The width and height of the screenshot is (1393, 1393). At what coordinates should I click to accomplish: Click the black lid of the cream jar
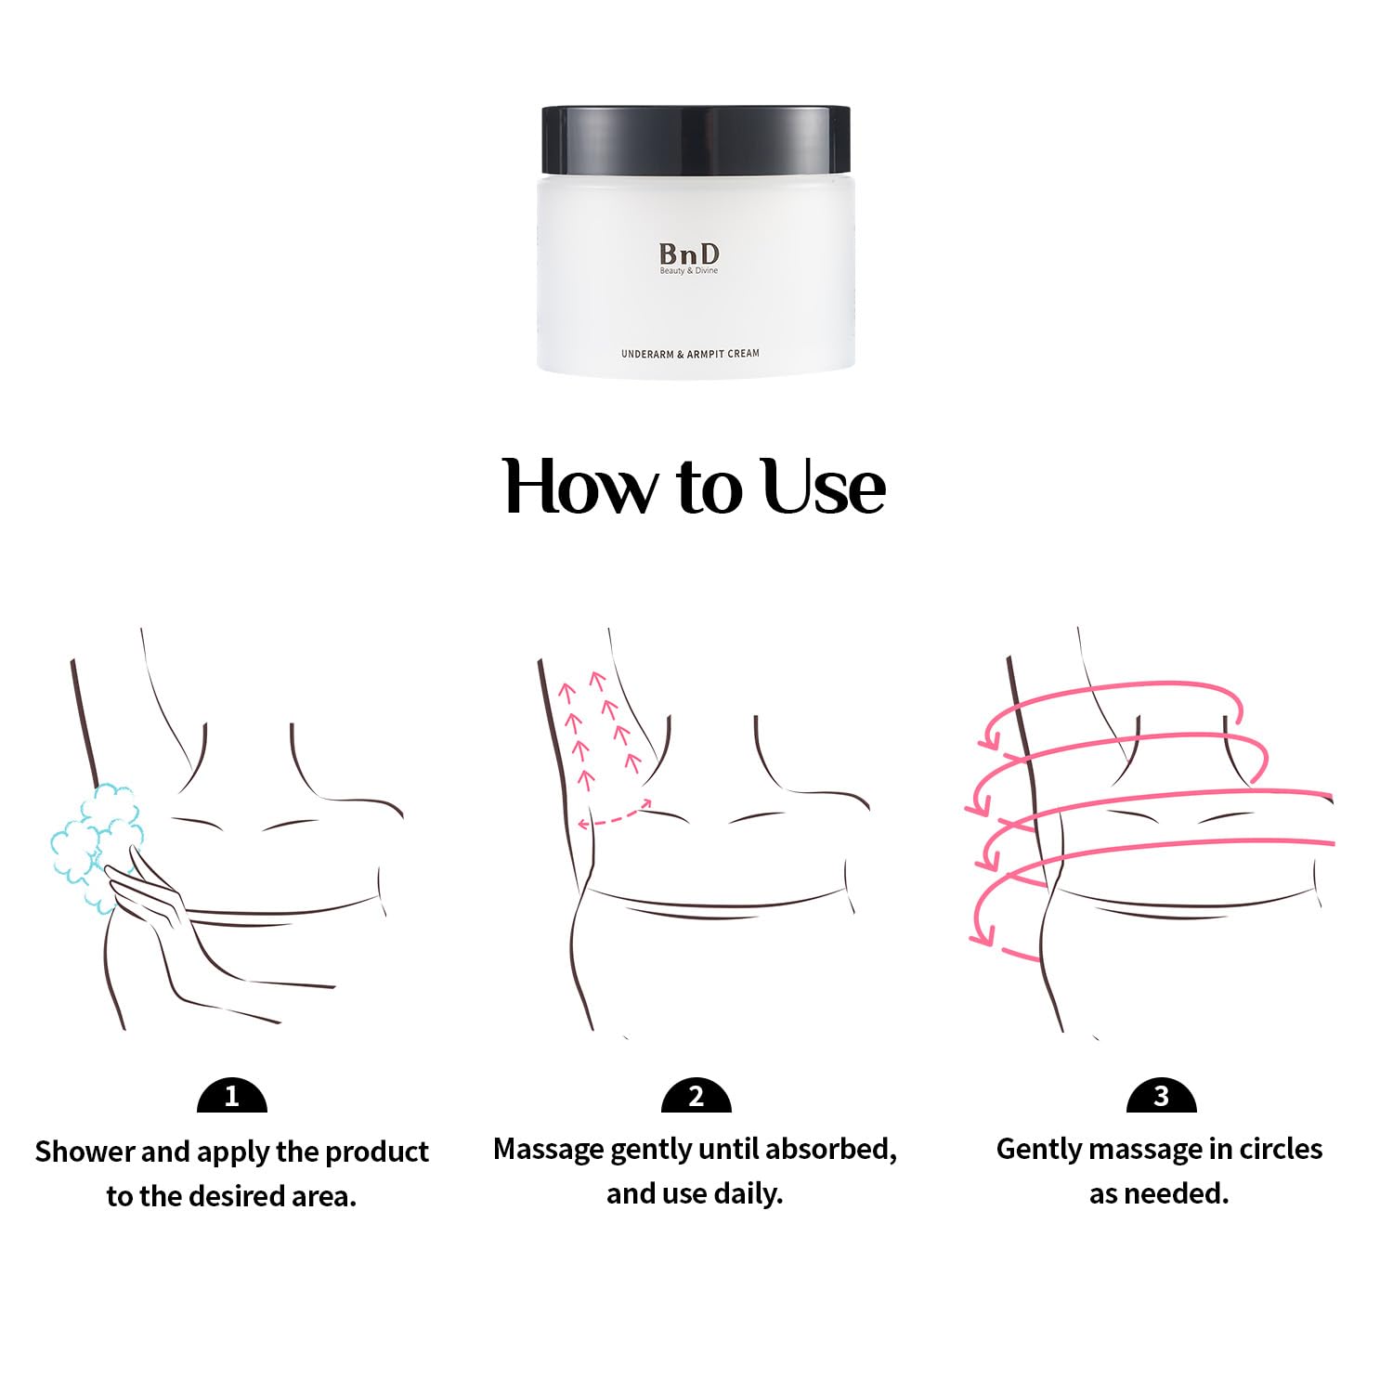(696, 139)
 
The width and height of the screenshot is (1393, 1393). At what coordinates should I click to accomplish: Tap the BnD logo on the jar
(689, 253)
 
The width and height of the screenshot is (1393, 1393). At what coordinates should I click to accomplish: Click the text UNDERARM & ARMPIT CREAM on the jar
(690, 354)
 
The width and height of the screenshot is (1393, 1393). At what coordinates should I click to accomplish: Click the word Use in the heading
(823, 486)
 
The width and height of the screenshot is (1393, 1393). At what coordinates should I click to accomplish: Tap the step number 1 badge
(232, 1097)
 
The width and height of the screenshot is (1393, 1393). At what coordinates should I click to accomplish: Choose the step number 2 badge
(696, 1097)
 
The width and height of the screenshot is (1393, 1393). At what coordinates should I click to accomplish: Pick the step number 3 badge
(1161, 1097)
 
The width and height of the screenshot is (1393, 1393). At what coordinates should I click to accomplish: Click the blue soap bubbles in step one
(93, 836)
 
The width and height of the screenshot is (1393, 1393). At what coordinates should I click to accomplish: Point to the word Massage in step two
(548, 1150)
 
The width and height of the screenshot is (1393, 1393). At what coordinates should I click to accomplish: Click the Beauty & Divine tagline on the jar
(689, 271)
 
